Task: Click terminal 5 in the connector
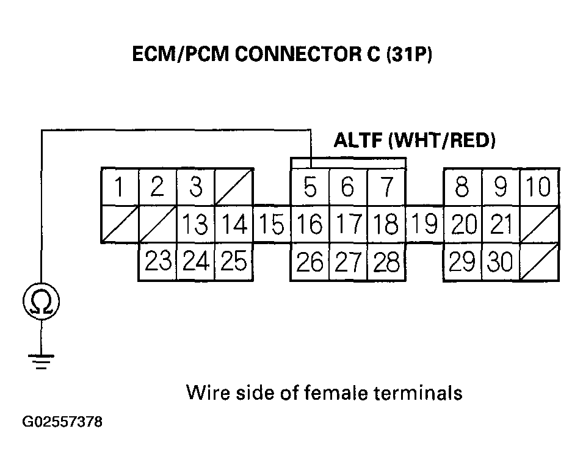(x=310, y=187)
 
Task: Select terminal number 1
(x=120, y=187)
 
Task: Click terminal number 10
(x=538, y=187)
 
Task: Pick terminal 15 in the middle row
(x=271, y=225)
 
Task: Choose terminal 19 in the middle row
(x=424, y=223)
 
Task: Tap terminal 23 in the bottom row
(x=158, y=262)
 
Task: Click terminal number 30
(x=501, y=262)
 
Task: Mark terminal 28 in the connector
(x=386, y=262)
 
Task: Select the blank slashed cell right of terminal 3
(x=234, y=187)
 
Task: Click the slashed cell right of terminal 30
(x=538, y=262)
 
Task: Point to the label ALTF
(x=358, y=141)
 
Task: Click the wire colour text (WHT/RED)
(x=441, y=141)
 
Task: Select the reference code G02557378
(x=62, y=422)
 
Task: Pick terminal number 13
(x=195, y=225)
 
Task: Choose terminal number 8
(x=462, y=187)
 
